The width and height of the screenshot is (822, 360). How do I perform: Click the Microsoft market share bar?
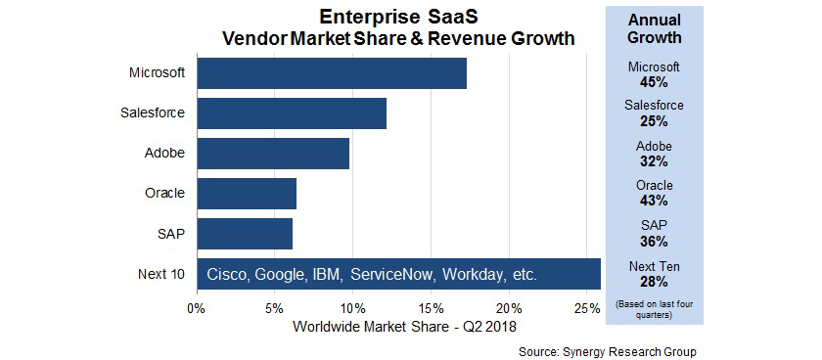332,73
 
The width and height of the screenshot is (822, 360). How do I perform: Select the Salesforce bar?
292,113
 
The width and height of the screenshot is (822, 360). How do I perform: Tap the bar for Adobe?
273,154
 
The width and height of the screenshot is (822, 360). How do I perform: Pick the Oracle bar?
247,193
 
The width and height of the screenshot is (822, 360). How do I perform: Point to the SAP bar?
245,233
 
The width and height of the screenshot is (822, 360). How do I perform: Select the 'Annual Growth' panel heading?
654,28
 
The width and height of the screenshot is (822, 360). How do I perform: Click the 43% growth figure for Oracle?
654,201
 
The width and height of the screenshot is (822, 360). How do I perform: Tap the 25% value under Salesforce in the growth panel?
654,121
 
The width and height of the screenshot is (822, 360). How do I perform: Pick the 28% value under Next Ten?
654,281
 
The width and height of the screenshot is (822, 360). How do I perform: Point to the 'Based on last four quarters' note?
654,310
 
